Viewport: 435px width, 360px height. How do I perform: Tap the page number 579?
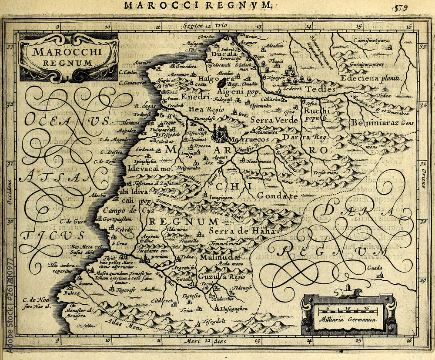click(x=401, y=7)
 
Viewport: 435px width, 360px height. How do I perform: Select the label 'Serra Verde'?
click(x=274, y=120)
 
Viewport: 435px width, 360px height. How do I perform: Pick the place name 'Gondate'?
click(x=277, y=196)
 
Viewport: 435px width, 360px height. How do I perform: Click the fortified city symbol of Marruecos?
click(x=220, y=134)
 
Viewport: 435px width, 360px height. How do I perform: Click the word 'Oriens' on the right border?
click(x=423, y=176)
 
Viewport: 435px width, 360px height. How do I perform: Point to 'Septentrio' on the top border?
click(x=204, y=26)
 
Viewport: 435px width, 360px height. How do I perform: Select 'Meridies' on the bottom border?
click(x=204, y=341)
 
